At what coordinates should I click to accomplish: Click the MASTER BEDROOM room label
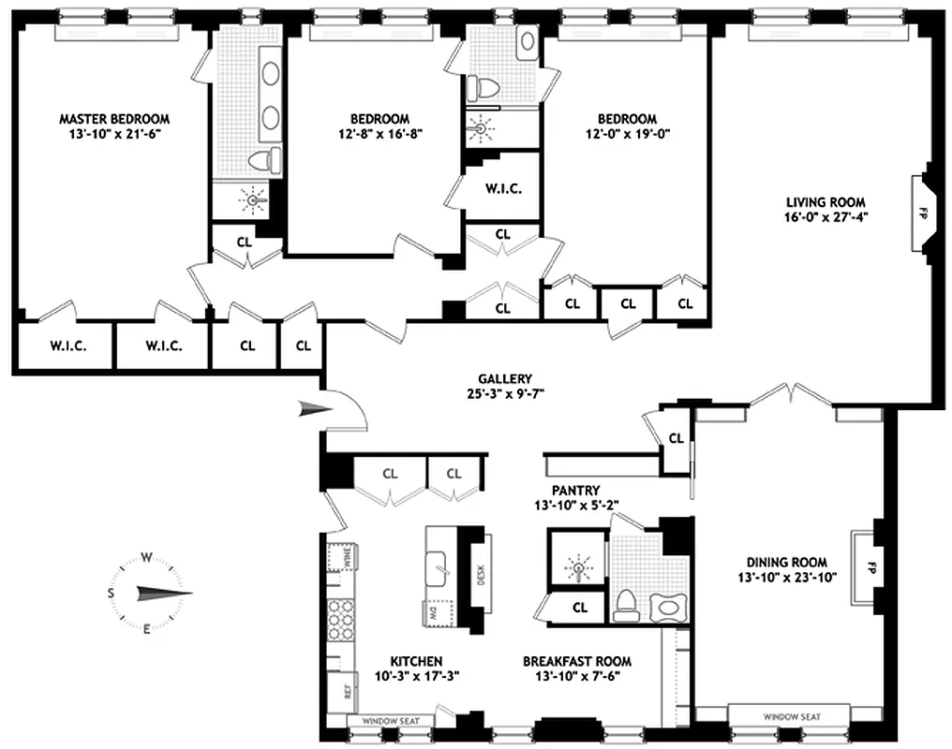coord(114,119)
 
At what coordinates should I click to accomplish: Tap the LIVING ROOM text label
coord(825,201)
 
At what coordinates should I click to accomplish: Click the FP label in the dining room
coord(870,567)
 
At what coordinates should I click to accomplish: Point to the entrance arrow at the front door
coord(312,407)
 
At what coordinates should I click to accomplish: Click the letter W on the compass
coord(146,557)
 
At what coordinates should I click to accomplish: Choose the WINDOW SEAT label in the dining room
coord(791,716)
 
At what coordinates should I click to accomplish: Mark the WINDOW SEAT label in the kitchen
coord(390,721)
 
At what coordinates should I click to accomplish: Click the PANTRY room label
coord(575,490)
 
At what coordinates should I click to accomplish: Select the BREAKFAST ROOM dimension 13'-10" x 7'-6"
coord(576,675)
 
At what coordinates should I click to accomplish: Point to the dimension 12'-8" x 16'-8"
coord(379,133)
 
